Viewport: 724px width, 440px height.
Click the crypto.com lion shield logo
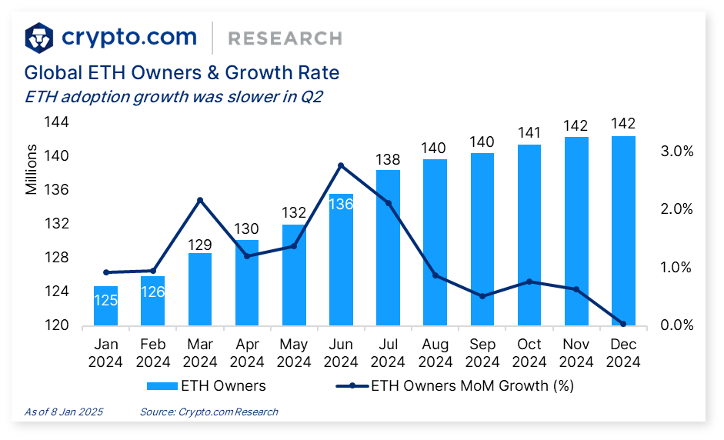pos(39,37)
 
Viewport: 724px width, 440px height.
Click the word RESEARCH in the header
pos(285,38)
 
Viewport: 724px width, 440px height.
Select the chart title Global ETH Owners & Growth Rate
pos(182,73)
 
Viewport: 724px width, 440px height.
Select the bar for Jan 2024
pos(105,306)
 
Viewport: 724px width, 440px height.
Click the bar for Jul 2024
pos(388,246)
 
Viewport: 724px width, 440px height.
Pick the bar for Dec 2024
pos(623,231)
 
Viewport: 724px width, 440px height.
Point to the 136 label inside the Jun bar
pos(341,205)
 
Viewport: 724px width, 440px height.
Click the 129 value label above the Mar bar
pos(200,245)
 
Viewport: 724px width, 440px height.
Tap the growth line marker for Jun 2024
pos(341,165)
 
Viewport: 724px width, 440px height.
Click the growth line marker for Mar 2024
pos(200,201)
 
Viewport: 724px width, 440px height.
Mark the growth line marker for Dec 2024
pos(623,324)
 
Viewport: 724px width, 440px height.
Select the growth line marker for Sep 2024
pos(482,296)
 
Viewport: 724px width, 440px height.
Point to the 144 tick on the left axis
pos(58,122)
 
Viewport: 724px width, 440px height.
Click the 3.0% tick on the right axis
pos(678,152)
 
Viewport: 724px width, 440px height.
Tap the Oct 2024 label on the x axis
pos(529,352)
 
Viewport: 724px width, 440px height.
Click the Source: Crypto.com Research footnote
pos(209,412)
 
